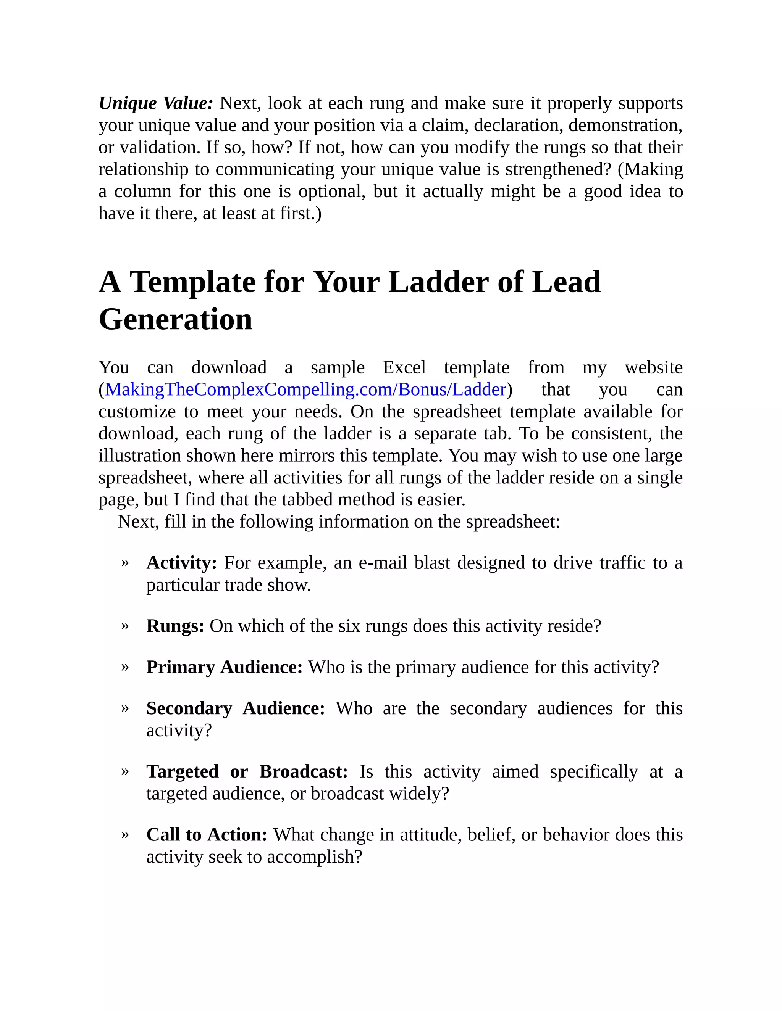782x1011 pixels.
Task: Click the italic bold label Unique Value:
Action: [x=156, y=103]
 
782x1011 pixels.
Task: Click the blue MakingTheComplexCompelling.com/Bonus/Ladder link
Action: [x=305, y=390]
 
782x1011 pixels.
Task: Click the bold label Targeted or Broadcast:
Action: [x=247, y=772]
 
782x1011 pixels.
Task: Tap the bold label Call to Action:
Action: [x=207, y=835]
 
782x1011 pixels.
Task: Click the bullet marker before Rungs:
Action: [x=124, y=626]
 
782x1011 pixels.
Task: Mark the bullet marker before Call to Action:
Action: [x=124, y=834]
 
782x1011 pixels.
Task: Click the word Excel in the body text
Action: [x=404, y=367]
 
